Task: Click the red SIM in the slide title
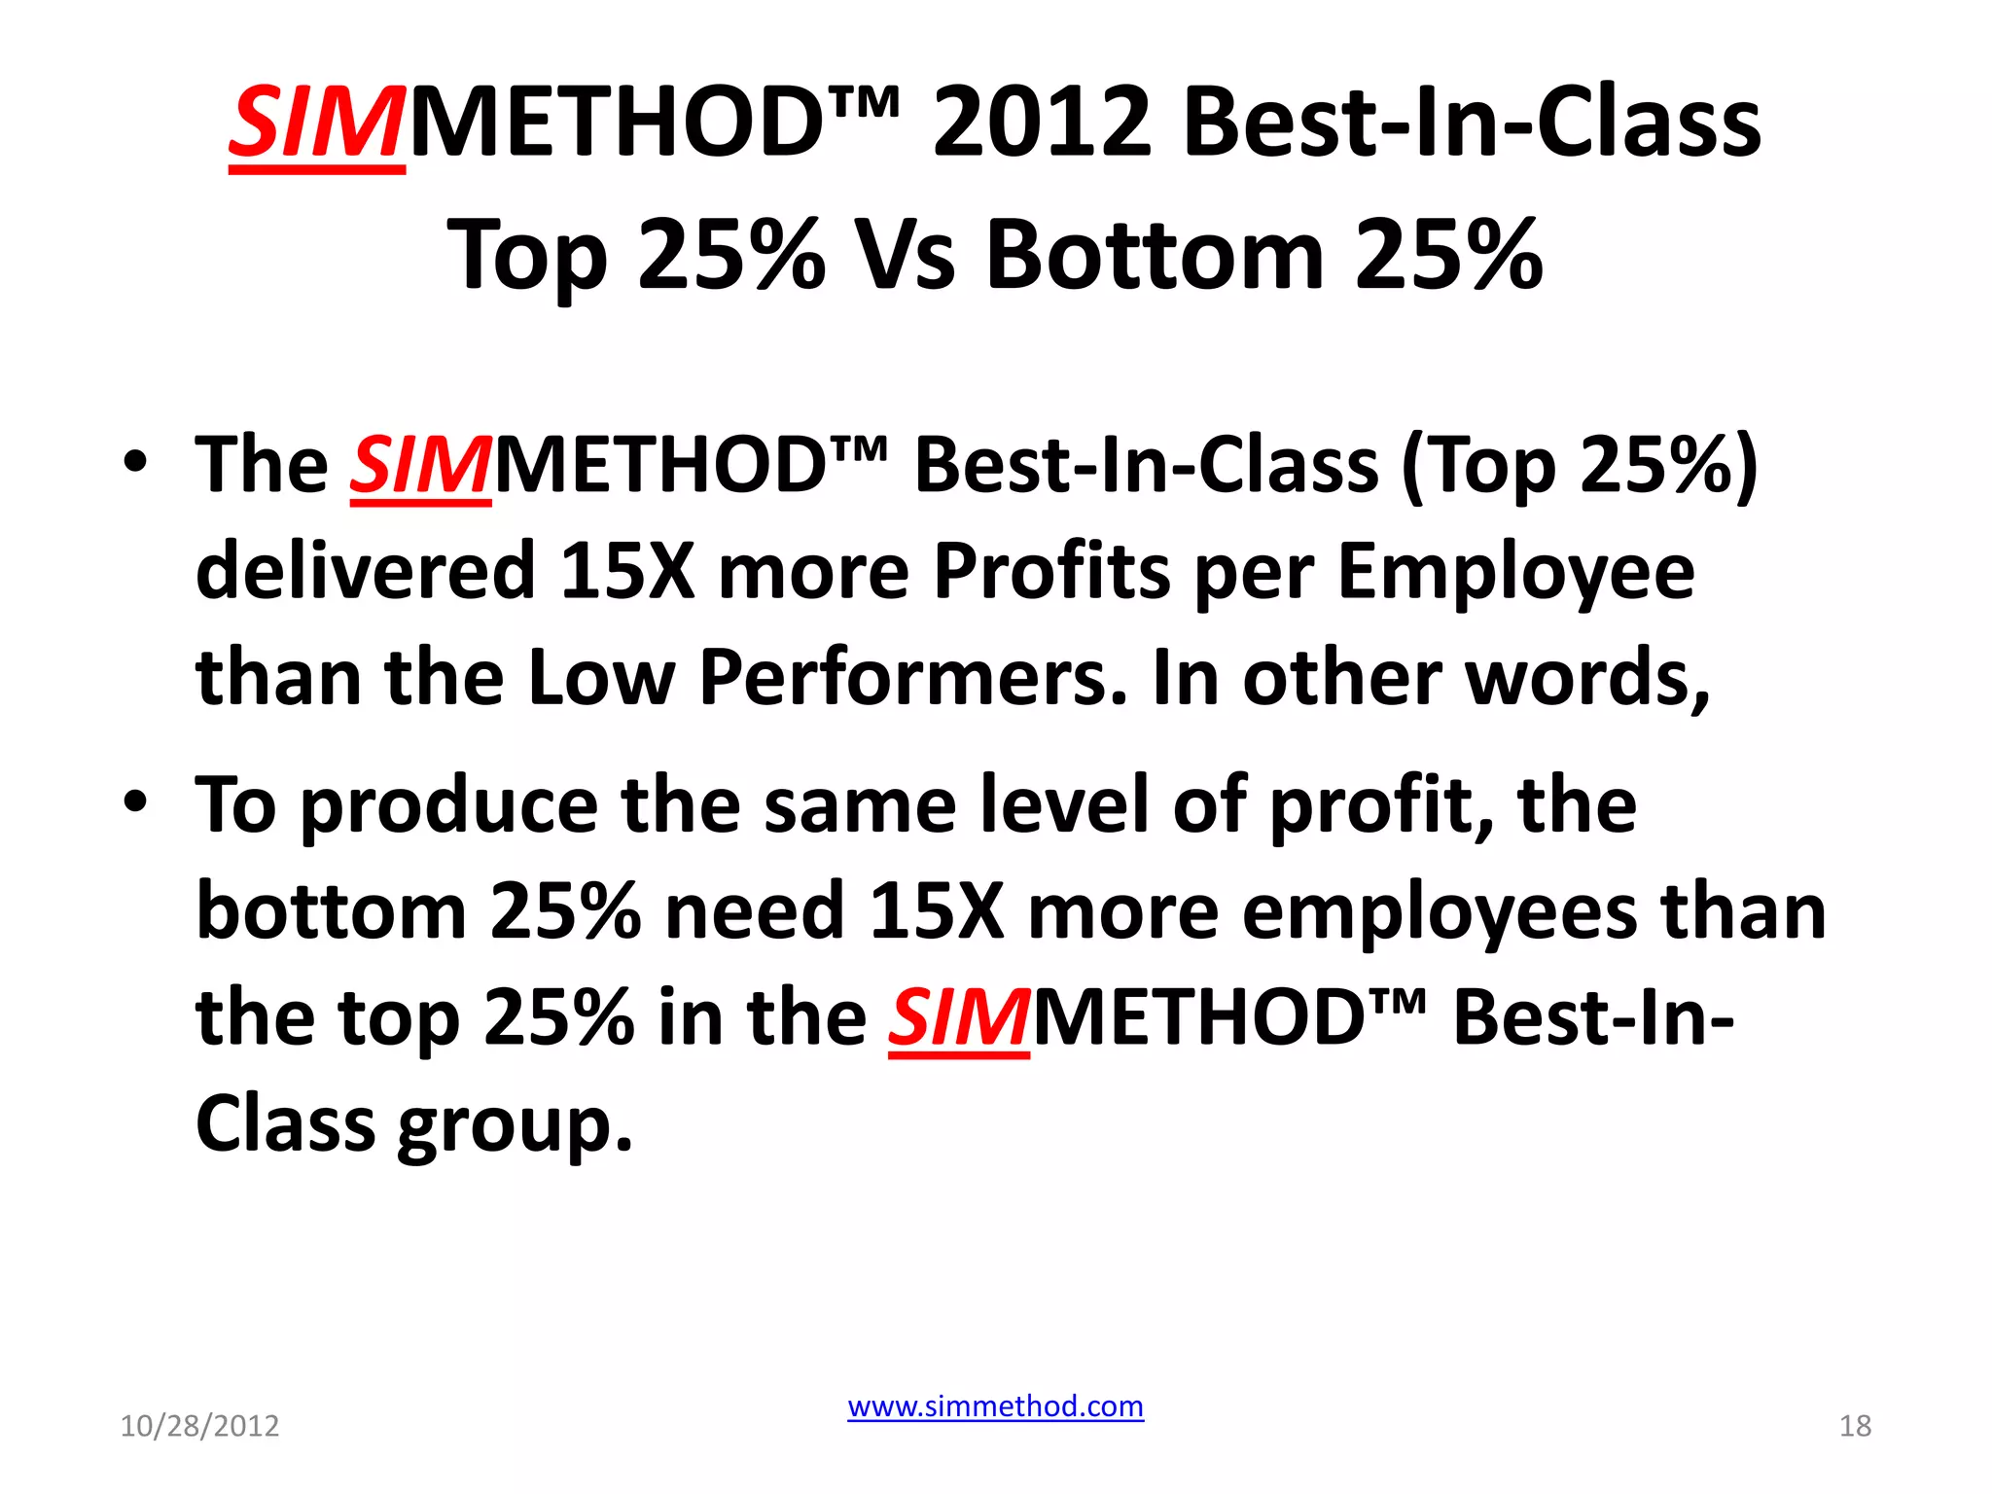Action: tap(316, 124)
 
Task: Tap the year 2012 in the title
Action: tap(1042, 124)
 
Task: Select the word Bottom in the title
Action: tap(1155, 255)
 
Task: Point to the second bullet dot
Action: tap(135, 801)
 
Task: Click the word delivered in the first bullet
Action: tap(366, 570)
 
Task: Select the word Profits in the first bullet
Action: tap(1051, 570)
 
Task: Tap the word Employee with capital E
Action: tap(1515, 570)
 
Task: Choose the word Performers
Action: tap(913, 677)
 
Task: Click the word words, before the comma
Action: tap(1586, 677)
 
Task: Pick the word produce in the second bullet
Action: tap(448, 805)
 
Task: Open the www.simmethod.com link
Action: tap(995, 1406)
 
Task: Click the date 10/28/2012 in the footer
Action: tap(199, 1426)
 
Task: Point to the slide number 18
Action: tap(1855, 1426)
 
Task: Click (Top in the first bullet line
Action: tap(1478, 465)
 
